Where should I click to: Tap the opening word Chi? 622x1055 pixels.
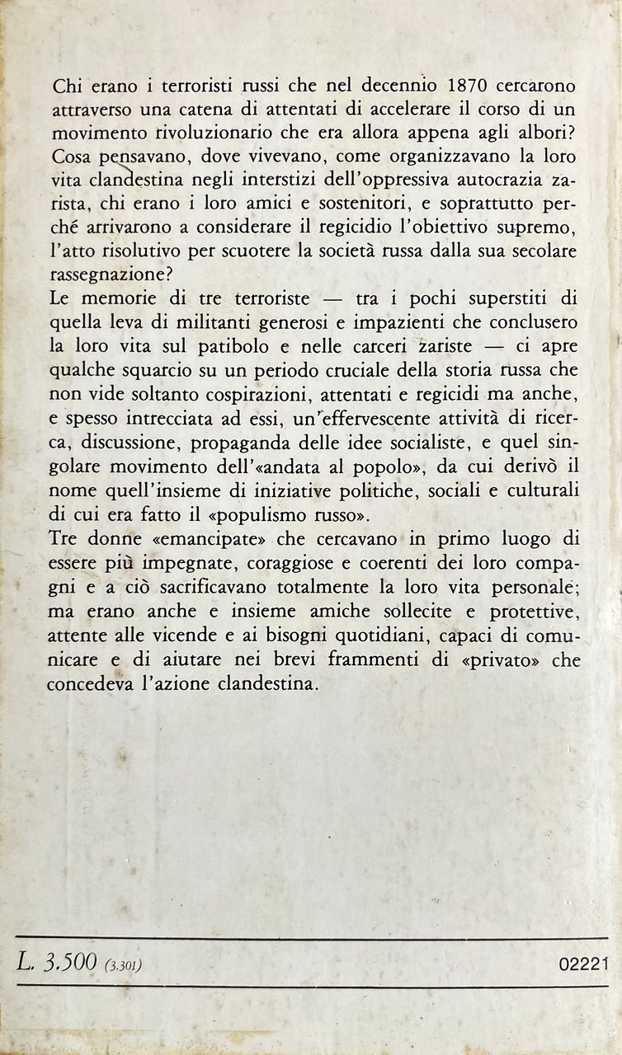[66, 88]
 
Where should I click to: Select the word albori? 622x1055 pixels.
[533, 132]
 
